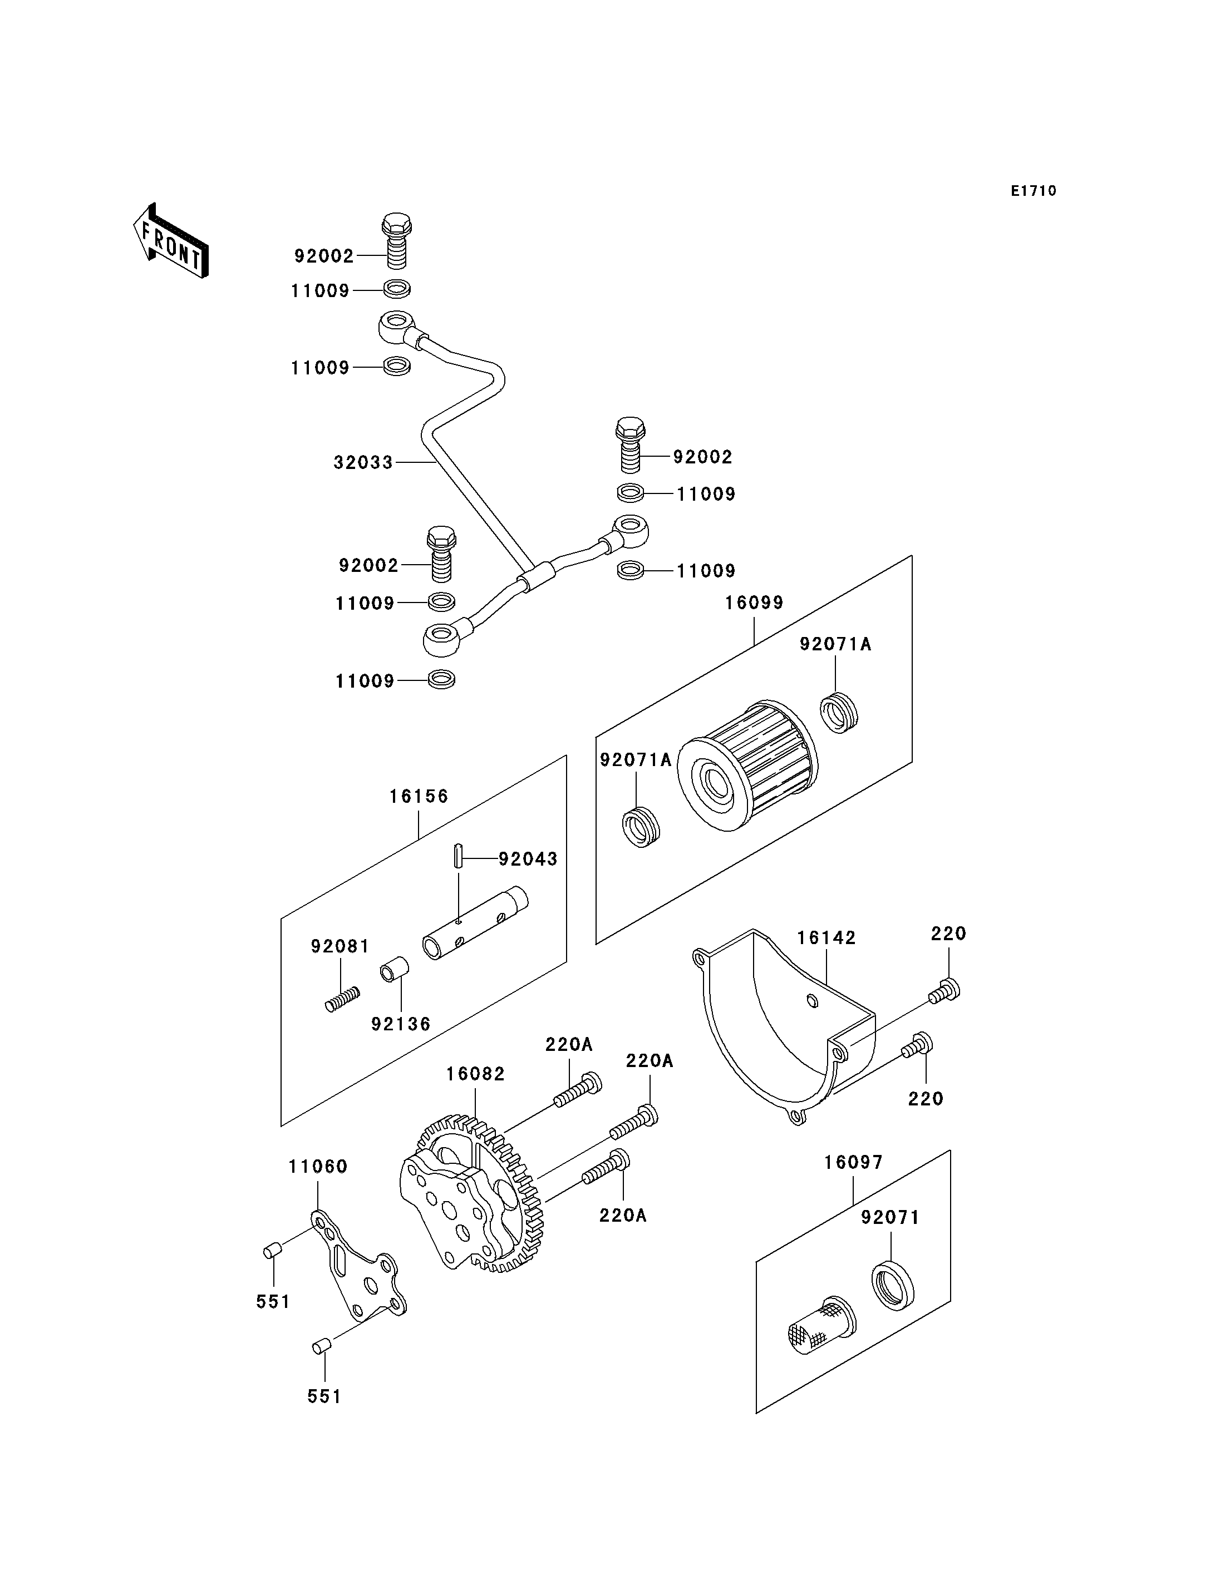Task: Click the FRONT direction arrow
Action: (x=171, y=242)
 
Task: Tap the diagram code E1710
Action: (x=1034, y=191)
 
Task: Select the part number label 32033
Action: (x=363, y=462)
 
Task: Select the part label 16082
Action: (x=476, y=1074)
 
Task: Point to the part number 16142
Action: (x=827, y=938)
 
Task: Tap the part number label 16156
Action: (x=419, y=797)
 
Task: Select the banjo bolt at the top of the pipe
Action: (x=396, y=240)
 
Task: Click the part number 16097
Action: (x=853, y=1162)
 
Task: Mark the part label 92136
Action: (x=401, y=1024)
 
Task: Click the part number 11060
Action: (x=318, y=1167)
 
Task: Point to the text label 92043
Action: (x=528, y=859)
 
